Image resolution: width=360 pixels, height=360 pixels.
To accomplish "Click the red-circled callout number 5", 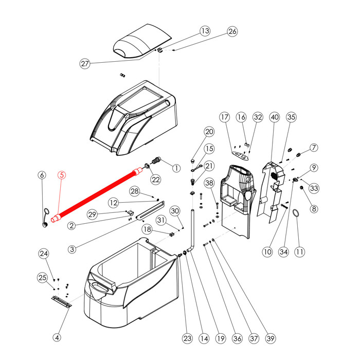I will click(61, 175).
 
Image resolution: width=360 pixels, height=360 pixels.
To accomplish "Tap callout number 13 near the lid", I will click(205, 31).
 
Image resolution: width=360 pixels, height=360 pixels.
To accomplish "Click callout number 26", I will click(233, 31).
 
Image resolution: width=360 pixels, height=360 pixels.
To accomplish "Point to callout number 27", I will click(85, 64).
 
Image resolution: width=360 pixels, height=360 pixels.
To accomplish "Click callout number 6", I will click(42, 175).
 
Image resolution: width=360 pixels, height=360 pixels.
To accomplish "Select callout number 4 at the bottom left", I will click(57, 338).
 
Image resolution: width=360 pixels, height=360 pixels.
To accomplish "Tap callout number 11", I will click(299, 252).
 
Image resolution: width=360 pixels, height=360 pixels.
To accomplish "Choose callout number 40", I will click(274, 117).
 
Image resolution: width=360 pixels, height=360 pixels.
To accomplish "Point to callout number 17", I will click(224, 117).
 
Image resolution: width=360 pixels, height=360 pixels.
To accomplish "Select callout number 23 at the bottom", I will click(187, 338).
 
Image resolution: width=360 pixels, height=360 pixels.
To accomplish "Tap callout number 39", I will click(270, 338).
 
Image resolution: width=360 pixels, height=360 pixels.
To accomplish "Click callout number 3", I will click(71, 249).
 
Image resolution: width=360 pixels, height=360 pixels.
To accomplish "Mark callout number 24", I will click(44, 254).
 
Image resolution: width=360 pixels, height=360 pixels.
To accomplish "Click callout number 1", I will click(176, 168).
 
